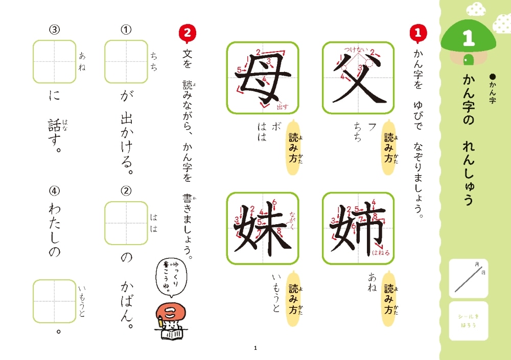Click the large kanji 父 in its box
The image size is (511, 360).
pyautogui.click(x=358, y=78)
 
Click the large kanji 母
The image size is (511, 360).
pyautogui.click(x=263, y=78)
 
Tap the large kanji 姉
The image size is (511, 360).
pyautogui.click(x=358, y=228)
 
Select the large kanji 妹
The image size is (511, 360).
pyautogui.click(x=263, y=228)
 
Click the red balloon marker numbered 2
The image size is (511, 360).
pyautogui.click(x=187, y=34)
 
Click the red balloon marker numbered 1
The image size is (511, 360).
pyautogui.click(x=418, y=34)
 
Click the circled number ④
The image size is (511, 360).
pyautogui.click(x=55, y=191)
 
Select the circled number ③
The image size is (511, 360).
pyautogui.click(x=55, y=30)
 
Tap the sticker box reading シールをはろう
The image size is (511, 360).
pyautogui.click(x=469, y=321)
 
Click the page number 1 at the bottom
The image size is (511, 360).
pyautogui.click(x=255, y=348)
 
